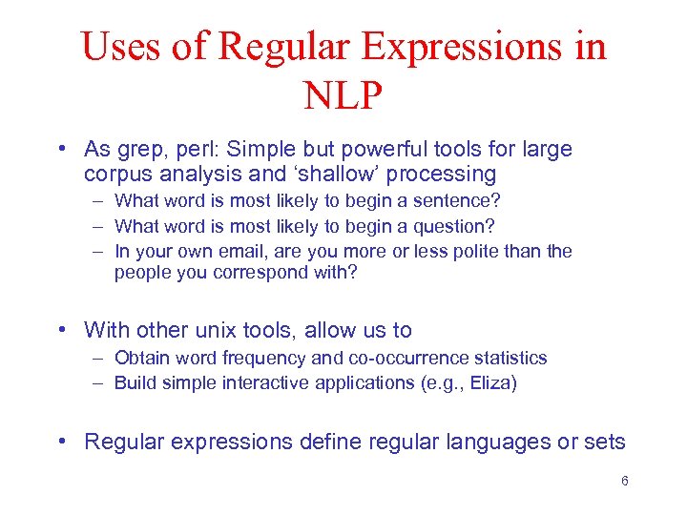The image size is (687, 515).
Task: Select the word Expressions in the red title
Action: coord(452,47)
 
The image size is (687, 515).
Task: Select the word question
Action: coord(455,226)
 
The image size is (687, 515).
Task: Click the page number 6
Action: coord(624,481)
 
